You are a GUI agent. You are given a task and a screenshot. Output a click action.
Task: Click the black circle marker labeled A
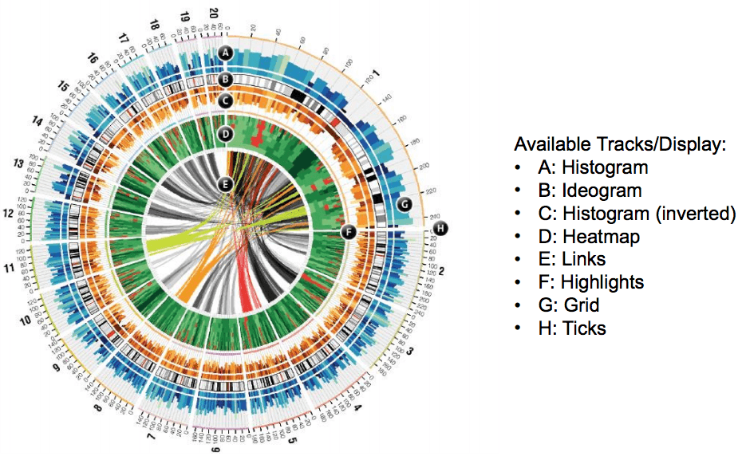(226, 53)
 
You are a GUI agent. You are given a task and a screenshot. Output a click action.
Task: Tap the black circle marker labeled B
(226, 79)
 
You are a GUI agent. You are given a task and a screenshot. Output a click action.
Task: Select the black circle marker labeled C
(226, 101)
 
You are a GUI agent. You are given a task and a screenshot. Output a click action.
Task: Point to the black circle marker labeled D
(226, 133)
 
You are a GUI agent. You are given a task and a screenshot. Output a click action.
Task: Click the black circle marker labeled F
(347, 232)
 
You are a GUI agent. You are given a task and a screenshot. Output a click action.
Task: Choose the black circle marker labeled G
(405, 204)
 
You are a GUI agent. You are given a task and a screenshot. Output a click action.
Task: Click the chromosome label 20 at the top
(213, 13)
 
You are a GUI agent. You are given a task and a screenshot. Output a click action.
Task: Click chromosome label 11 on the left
(10, 269)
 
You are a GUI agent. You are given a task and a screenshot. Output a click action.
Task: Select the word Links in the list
(582, 259)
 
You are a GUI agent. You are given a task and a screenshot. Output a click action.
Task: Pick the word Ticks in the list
(583, 328)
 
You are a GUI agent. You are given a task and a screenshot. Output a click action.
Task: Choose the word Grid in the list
(581, 305)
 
